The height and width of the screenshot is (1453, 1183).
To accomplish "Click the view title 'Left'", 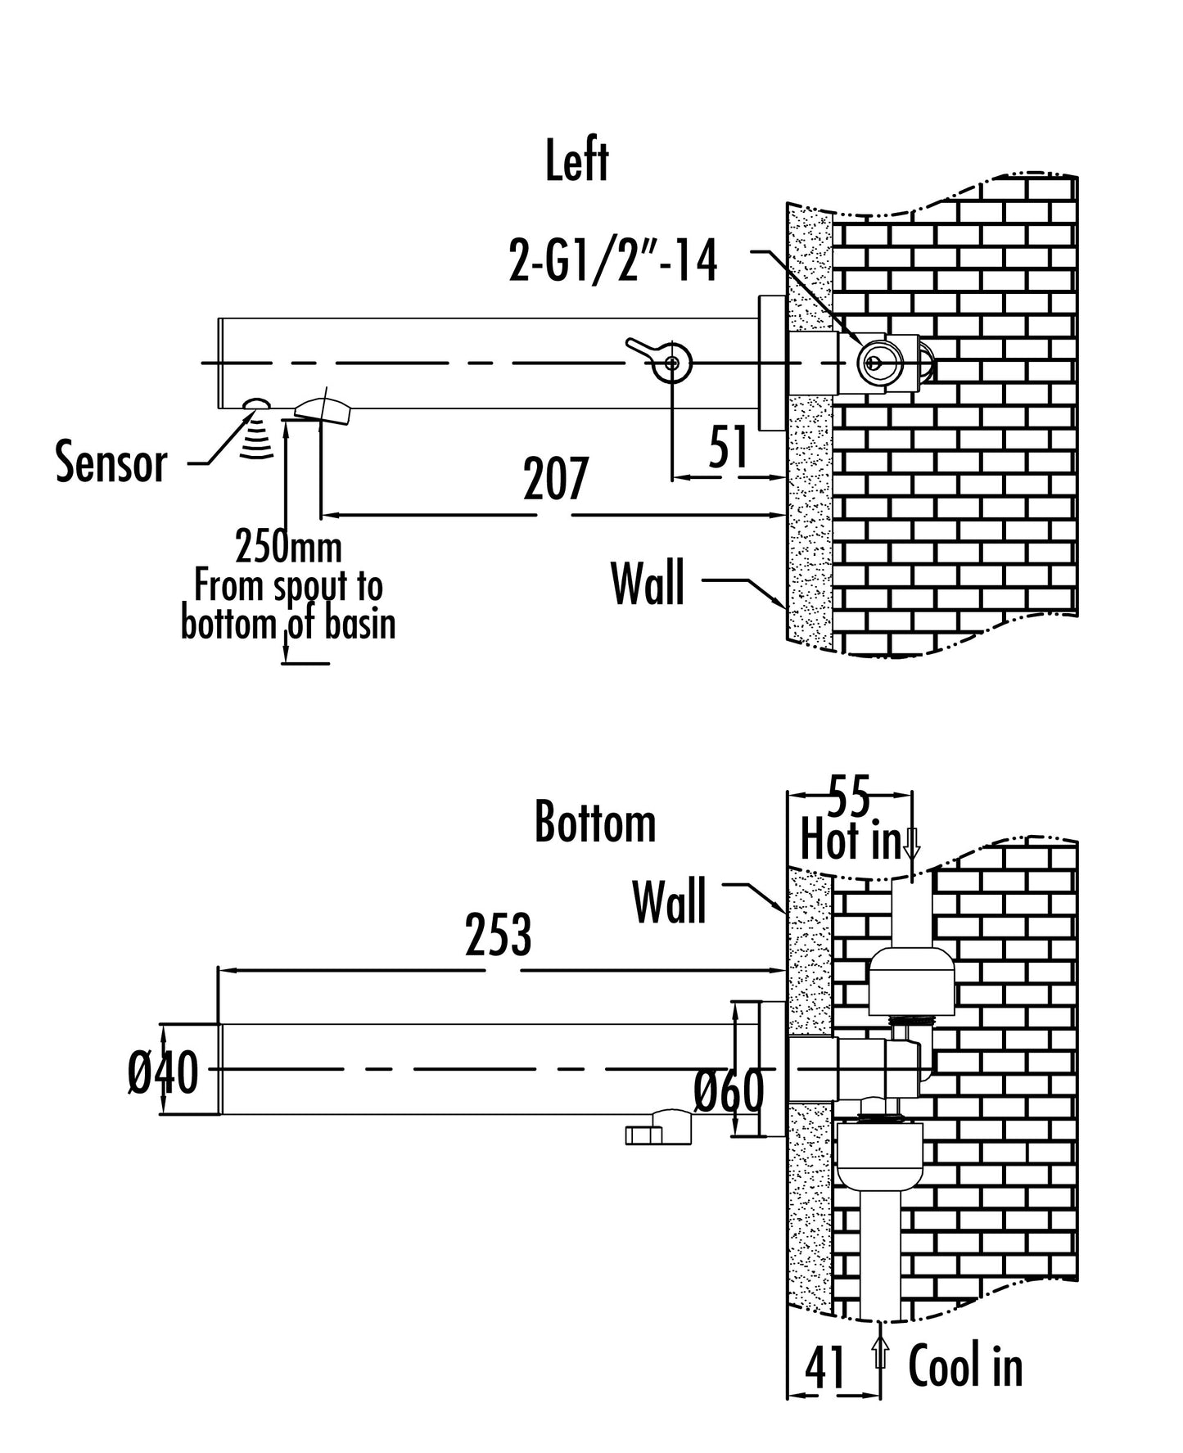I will point(577,161).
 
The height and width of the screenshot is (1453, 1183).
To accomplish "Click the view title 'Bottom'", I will point(595,823).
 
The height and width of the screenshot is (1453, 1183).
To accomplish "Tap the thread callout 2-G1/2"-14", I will point(613,263).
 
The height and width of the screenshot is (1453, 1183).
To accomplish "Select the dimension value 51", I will point(728,448).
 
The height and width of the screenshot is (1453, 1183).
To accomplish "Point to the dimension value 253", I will point(498,936).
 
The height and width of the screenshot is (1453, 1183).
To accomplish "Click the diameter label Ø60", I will point(729,1091).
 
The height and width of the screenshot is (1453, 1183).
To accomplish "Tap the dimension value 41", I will point(825,1368).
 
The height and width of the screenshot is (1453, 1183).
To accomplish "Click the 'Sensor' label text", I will point(111,463).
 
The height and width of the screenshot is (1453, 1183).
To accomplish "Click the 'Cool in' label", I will point(965,1366).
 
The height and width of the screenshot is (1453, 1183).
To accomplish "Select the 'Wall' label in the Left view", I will point(648,584).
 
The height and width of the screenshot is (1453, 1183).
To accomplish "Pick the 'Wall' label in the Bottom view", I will point(669,902).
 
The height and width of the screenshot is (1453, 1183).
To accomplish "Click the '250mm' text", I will point(288,547).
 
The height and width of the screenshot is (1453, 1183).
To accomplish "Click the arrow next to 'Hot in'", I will point(913,842).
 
